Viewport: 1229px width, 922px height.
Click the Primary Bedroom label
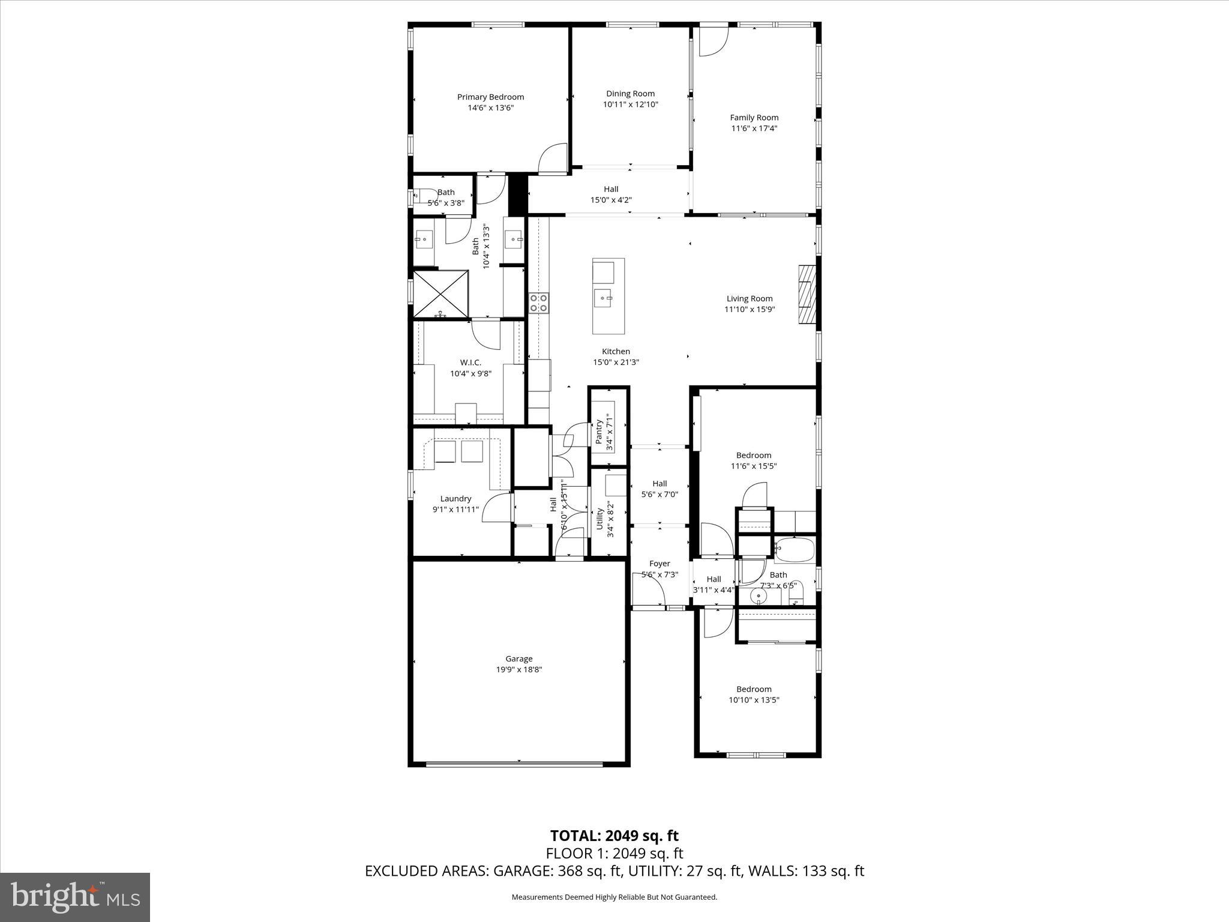(x=490, y=97)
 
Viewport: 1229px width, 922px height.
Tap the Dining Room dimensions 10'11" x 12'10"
(x=630, y=104)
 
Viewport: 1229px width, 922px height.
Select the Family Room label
(x=754, y=118)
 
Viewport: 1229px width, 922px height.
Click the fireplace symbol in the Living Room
(x=807, y=295)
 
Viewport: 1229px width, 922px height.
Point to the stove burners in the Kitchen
(x=538, y=303)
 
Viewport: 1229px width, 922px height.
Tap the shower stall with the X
(x=440, y=293)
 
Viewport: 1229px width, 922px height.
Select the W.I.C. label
(x=470, y=363)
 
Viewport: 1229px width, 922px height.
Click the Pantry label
(x=599, y=432)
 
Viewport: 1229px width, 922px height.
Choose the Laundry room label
(x=455, y=499)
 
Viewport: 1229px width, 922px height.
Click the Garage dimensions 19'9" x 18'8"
(x=518, y=670)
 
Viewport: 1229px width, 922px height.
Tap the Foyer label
(x=660, y=564)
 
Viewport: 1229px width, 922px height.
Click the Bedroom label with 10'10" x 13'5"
(x=754, y=689)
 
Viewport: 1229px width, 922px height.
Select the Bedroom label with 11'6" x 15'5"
(x=754, y=455)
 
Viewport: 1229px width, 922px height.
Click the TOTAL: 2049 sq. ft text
(x=614, y=836)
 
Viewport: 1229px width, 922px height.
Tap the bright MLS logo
(x=75, y=897)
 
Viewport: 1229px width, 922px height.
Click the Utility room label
(x=599, y=519)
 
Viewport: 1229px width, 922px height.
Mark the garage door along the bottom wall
(x=514, y=764)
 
